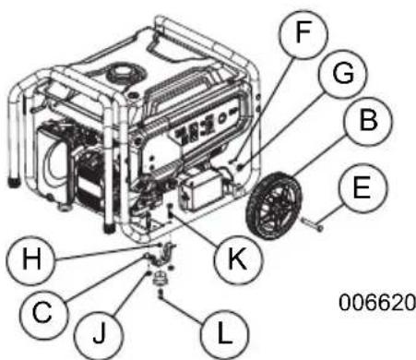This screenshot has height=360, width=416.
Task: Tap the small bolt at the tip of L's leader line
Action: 160,297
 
